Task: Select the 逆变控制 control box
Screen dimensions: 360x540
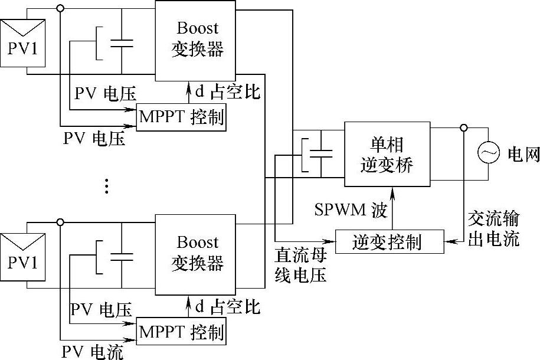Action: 389,241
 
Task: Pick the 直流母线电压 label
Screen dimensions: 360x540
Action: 301,265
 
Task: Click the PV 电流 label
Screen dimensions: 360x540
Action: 93,352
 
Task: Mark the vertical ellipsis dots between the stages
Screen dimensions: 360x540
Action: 106,186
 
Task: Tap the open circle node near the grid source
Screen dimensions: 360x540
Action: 464,127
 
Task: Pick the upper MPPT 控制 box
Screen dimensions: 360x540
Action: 181,116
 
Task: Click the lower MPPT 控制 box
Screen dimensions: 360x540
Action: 181,331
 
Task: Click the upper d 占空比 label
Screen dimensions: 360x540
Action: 227,92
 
